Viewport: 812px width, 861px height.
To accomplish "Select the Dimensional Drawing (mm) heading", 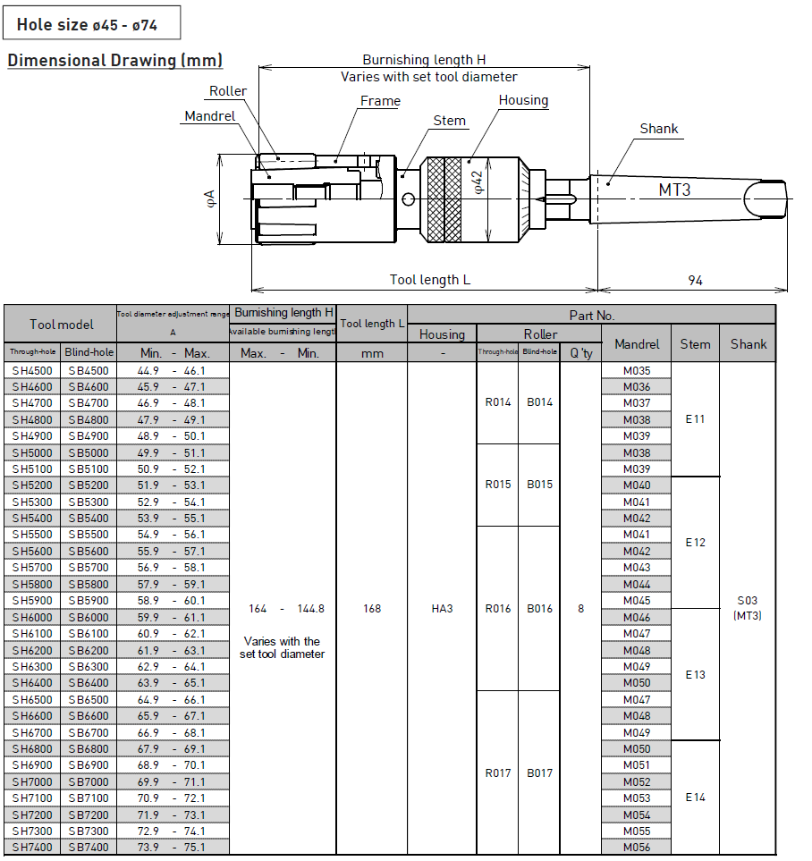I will pos(114,61).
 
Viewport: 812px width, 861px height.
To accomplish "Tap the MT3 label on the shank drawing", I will pos(674,190).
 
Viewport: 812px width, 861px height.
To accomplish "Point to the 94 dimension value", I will pos(695,281).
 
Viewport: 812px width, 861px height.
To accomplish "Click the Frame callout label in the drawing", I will pos(380,101).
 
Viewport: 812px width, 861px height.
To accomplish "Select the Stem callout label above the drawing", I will pos(449,121).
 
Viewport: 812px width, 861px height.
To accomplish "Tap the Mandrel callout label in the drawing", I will pos(209,116).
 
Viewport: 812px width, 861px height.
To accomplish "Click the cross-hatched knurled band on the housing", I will pos(444,199).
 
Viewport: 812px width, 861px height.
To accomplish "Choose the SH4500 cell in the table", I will pos(32,371).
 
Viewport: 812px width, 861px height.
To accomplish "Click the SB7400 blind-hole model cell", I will pos(89,848).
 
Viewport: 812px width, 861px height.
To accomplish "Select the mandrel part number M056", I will pos(637,848).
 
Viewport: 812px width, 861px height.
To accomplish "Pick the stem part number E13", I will pos(695,675).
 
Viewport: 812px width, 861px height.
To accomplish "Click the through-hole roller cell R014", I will pos(498,402).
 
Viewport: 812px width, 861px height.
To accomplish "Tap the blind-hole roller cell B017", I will pos(539,773).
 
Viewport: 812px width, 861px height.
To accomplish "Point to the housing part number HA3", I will pos(442,609).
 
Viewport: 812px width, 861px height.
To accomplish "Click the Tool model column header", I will pos(61,324).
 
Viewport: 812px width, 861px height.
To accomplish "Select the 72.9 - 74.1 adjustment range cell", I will pos(173,831).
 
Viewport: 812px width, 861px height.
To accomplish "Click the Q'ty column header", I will pos(581,353).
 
